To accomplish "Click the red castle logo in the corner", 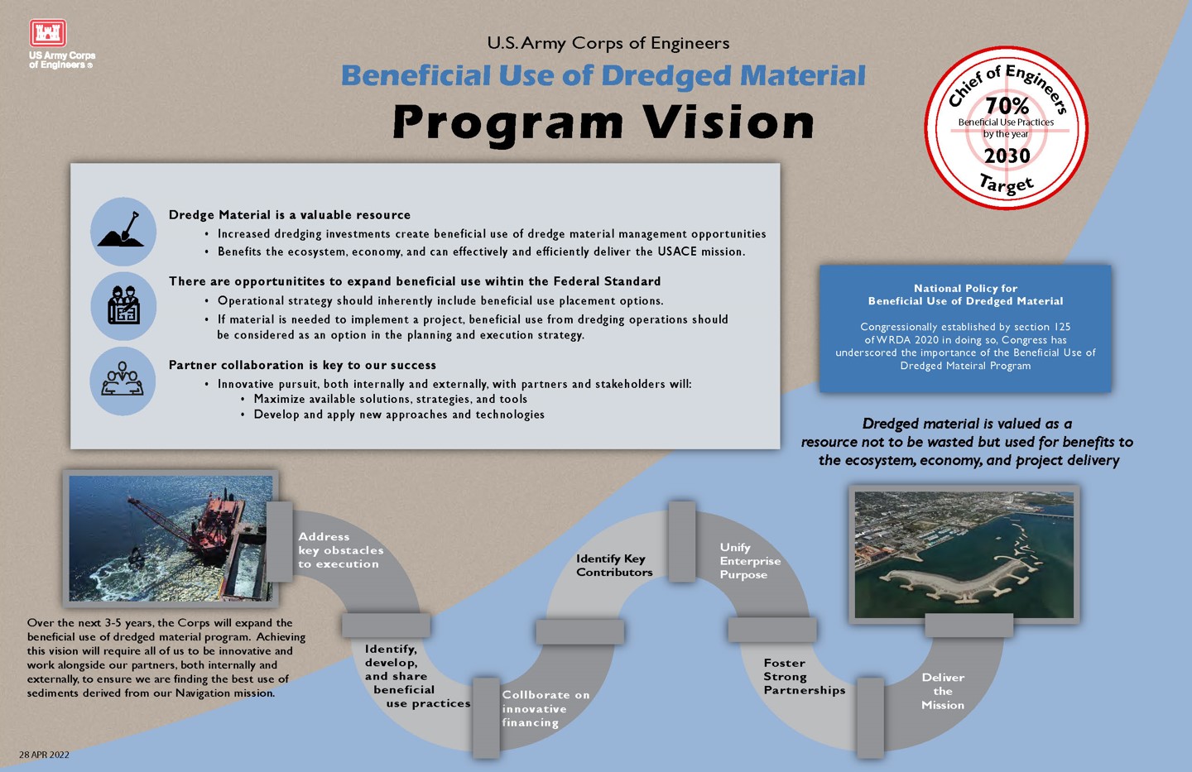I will tap(48, 33).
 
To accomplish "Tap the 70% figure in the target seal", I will tap(1007, 106).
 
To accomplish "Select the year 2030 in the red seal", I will tap(1007, 156).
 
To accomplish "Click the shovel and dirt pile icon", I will tap(123, 232).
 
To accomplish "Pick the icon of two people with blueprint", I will tap(123, 305).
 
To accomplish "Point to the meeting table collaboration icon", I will tap(123, 380).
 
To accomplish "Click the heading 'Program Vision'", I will tap(603, 122).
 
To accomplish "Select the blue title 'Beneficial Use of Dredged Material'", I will tap(603, 76).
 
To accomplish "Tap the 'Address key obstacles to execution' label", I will tap(340, 550).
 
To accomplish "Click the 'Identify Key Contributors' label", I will tap(614, 565).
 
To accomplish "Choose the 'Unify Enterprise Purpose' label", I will tap(749, 561).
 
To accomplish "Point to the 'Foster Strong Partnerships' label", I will tap(803, 676).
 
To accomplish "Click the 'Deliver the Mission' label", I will tap(943, 691).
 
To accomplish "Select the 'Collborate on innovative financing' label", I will tap(545, 708).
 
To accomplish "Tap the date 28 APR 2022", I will tap(45, 755).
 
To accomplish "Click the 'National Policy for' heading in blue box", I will tap(965, 288).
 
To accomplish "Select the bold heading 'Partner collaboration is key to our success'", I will tap(302, 365).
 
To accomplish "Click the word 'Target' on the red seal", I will tap(1007, 184).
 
